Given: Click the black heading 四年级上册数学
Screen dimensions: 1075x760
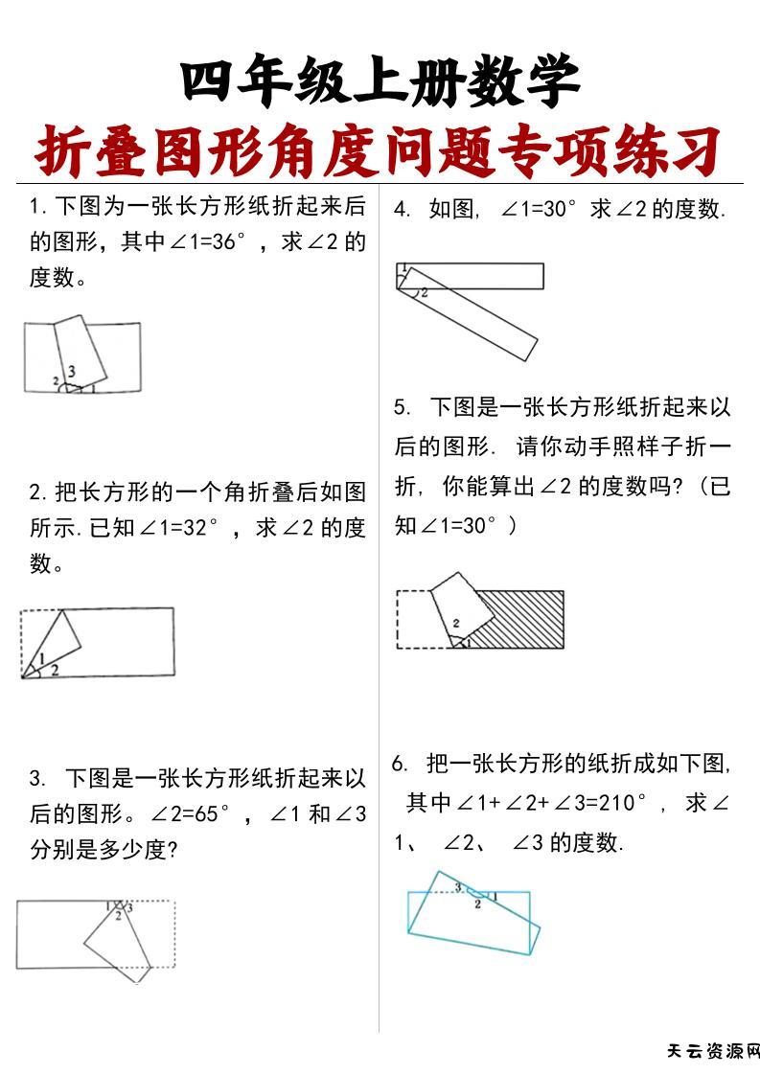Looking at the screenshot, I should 380,82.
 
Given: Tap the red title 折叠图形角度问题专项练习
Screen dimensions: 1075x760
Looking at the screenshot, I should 380,151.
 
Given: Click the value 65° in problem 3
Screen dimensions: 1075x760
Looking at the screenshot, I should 208,814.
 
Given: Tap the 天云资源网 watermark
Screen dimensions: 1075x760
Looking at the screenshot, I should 712,1051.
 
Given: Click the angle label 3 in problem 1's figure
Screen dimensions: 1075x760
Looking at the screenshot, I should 72,371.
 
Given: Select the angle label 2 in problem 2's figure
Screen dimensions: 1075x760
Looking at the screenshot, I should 55,670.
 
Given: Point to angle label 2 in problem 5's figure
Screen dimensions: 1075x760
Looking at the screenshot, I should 456,623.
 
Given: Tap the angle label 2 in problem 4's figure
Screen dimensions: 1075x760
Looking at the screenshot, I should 424,291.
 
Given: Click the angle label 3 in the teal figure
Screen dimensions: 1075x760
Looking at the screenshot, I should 459,886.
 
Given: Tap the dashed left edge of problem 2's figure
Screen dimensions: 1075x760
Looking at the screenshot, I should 22,642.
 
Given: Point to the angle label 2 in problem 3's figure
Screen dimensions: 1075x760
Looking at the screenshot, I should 118,916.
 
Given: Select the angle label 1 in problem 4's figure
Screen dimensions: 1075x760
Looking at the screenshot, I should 403,267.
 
